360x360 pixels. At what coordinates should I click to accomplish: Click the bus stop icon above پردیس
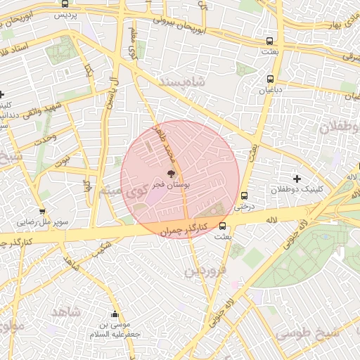65,4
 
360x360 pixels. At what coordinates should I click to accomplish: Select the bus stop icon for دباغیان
271,79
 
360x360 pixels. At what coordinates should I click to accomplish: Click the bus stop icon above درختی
244,196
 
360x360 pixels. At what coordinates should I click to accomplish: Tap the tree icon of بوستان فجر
169,174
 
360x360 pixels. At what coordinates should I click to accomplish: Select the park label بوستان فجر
169,184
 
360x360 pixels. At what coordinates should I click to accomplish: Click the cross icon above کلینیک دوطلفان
296,179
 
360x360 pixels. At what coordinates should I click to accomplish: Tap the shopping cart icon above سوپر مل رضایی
42,211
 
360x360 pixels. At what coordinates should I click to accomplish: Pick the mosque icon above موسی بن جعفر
115,314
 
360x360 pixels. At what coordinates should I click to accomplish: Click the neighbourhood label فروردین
205,270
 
